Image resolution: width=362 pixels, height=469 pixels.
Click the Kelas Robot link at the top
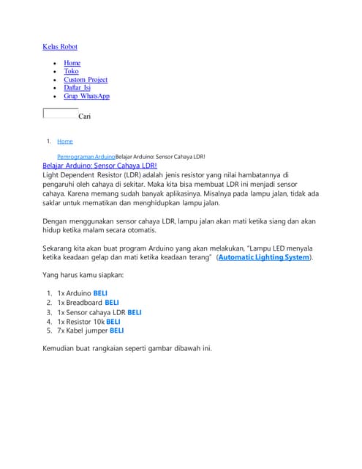click(60, 47)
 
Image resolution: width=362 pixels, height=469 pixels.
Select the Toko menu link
click(71, 71)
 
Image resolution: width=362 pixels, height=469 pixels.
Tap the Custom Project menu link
click(86, 80)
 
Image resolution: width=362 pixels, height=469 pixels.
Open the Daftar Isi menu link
click(77, 88)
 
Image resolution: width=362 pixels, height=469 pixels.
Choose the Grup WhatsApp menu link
click(86, 96)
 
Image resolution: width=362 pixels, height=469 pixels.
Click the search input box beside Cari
click(61, 114)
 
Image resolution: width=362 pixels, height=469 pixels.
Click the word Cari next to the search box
click(84, 116)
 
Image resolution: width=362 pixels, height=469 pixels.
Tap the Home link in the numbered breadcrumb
click(65, 141)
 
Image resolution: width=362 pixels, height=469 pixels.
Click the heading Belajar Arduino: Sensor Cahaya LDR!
click(99, 166)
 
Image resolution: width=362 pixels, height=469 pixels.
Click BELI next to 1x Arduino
click(100, 292)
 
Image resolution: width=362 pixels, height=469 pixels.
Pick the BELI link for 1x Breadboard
click(112, 302)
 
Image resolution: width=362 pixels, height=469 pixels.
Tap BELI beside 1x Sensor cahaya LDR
click(135, 311)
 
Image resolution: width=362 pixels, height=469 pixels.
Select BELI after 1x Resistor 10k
click(113, 321)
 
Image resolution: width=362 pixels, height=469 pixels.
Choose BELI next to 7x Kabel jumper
click(116, 330)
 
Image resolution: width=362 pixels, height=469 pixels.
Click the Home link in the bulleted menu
click(72, 63)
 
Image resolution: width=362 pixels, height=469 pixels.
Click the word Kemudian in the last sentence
click(60, 348)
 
